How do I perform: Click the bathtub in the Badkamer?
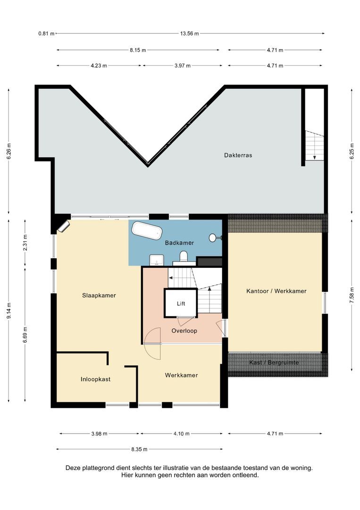[147, 231]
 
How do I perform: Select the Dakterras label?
[238, 155]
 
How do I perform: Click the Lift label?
[181, 304]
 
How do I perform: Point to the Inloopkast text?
[95, 379]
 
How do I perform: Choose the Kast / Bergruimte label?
[274, 363]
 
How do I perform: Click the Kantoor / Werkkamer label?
[276, 291]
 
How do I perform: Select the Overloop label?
[184, 331]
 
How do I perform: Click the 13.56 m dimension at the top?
[189, 34]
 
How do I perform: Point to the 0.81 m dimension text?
[46, 34]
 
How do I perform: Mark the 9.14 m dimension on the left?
[8, 310]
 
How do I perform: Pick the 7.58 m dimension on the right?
[352, 292]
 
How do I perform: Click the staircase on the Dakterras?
[314, 146]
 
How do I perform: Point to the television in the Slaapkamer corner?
[63, 227]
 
